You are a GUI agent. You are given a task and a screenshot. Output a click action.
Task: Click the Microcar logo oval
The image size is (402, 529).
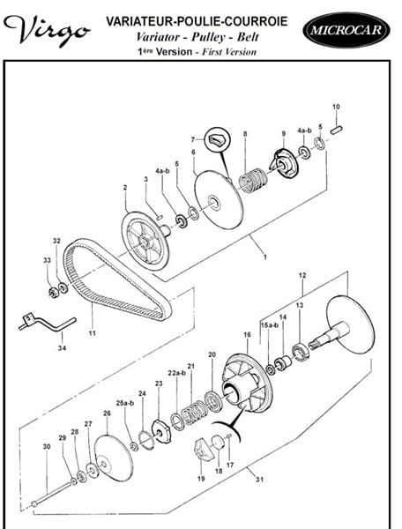[x=346, y=30]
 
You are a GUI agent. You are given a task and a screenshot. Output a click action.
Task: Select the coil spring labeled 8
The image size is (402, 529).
[x=252, y=180]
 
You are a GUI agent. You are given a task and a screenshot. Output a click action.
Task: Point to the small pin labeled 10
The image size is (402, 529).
[x=337, y=130]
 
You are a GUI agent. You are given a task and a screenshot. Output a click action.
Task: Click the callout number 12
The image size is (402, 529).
[x=302, y=275]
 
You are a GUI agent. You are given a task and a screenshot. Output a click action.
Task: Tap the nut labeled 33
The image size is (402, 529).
[x=53, y=292]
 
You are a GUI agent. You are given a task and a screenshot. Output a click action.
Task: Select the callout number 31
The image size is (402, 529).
[x=259, y=479]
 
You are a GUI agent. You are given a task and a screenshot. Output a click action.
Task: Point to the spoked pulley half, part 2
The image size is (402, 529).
[x=145, y=241]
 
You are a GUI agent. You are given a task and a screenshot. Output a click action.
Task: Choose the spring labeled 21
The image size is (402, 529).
[x=193, y=413]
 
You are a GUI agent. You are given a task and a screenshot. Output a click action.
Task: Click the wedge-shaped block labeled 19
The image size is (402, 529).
[x=205, y=449]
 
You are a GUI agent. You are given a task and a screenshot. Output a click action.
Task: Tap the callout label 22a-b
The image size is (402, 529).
[x=176, y=373]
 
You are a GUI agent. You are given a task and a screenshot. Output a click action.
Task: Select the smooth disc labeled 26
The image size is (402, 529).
[x=114, y=458]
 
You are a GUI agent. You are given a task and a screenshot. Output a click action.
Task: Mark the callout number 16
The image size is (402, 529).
[x=247, y=335]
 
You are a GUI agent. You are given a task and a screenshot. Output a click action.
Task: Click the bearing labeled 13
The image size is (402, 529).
[x=301, y=352]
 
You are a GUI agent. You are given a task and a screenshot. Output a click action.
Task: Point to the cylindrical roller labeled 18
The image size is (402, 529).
[x=218, y=442]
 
